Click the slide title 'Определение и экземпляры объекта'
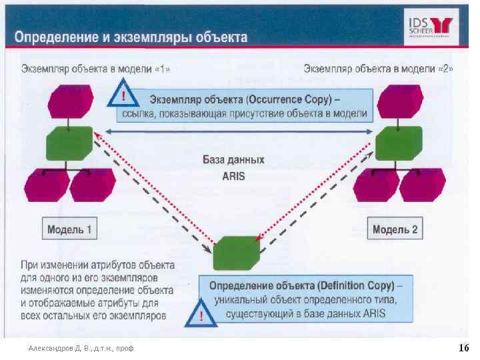[131, 37]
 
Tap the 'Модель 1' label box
[69, 231]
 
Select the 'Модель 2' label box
[395, 230]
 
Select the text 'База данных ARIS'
[233, 168]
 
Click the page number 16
[464, 348]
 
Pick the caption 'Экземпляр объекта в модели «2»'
[378, 69]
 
